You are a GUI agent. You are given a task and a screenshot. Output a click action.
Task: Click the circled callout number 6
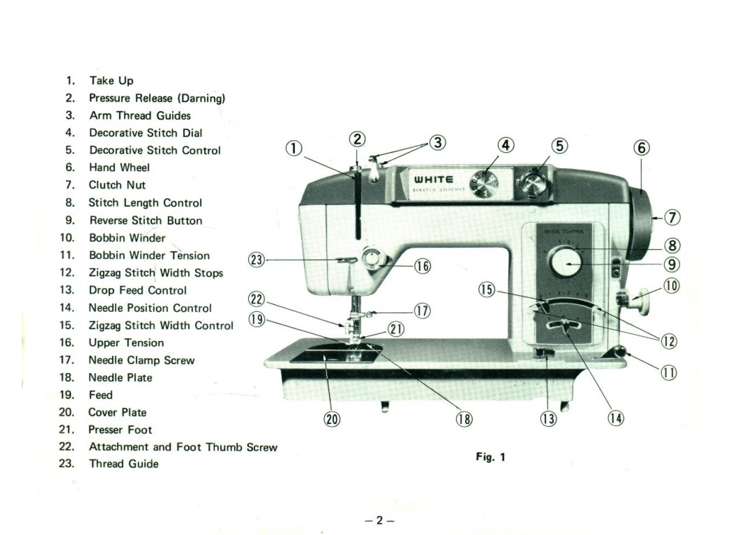tap(641, 147)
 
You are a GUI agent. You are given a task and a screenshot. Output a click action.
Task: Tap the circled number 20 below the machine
tap(332, 419)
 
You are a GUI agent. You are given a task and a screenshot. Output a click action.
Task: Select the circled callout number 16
tap(422, 266)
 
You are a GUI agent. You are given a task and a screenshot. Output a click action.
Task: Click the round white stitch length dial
tap(566, 263)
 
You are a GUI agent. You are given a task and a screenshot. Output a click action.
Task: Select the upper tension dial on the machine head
tap(372, 258)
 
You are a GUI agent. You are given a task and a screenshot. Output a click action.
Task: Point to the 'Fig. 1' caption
tap(490, 457)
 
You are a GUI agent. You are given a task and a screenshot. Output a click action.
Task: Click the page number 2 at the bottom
tap(379, 520)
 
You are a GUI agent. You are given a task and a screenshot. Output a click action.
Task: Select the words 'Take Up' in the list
tap(111, 81)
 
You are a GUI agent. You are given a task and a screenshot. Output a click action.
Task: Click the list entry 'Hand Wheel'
tap(119, 168)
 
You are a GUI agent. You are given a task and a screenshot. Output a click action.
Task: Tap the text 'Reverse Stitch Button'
tap(145, 220)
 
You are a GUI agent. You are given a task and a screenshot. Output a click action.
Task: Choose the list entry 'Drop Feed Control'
tap(138, 290)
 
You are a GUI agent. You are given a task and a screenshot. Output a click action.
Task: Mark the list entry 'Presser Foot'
tap(120, 430)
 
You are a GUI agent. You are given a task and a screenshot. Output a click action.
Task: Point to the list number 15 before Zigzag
tap(67, 325)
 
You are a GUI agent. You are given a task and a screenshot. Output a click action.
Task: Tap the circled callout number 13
tap(548, 419)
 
